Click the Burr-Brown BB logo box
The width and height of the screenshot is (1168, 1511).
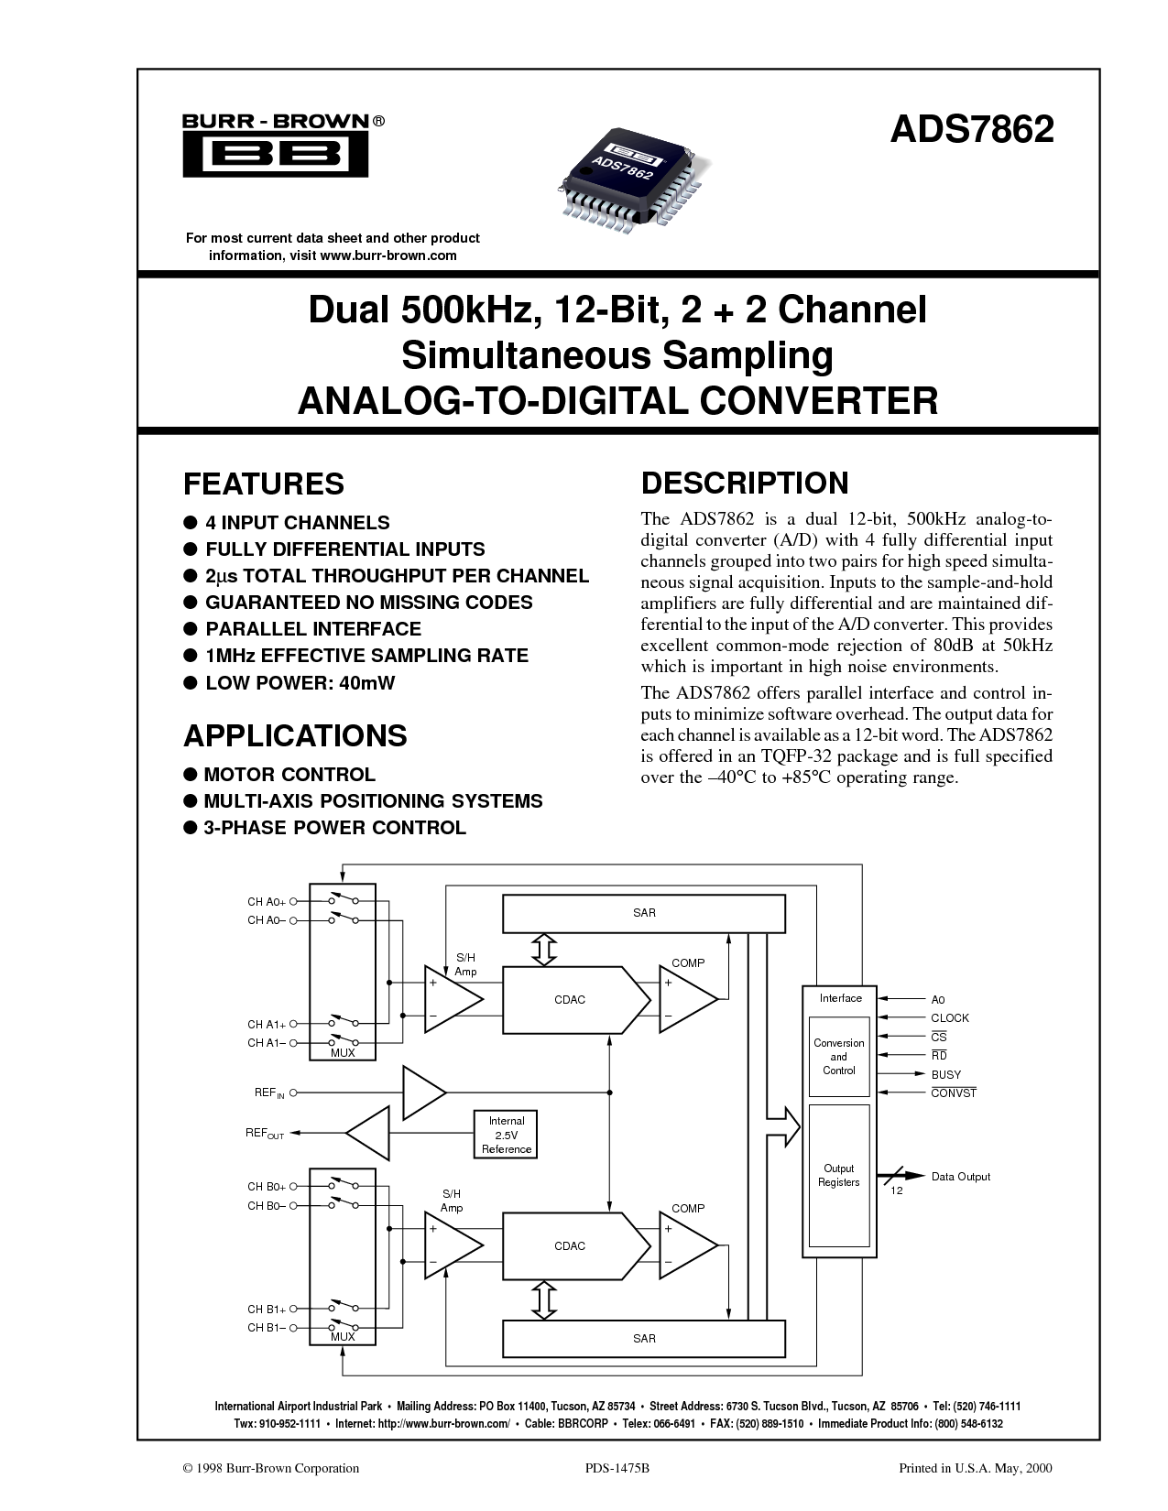[276, 154]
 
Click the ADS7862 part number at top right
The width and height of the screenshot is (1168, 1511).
[972, 129]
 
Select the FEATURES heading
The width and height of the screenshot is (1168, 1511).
[264, 484]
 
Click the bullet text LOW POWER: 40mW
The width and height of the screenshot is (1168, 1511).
[300, 683]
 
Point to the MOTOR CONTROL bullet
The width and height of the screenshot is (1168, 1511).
[289, 775]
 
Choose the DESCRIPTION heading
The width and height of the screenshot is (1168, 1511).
[745, 483]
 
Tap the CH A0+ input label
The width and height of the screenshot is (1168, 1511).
[267, 902]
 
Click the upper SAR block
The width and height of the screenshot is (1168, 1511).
[643, 913]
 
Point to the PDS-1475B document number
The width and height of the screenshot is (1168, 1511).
[617, 1468]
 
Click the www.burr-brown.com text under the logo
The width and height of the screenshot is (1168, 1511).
[388, 255]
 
